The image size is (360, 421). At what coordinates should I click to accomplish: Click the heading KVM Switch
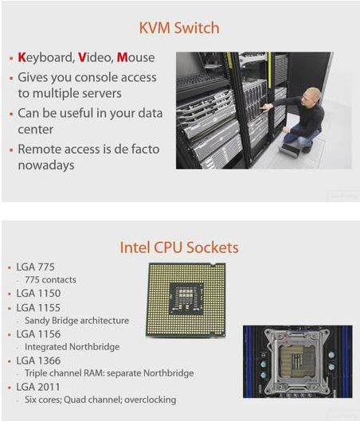coord(179,28)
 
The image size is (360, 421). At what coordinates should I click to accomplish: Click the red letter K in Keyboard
coord(22,57)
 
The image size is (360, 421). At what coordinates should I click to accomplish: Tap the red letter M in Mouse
coord(123,57)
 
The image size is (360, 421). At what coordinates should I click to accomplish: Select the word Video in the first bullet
coord(95,57)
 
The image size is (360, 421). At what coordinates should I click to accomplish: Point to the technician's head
coord(312,97)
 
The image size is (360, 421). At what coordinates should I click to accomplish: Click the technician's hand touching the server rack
coord(267,107)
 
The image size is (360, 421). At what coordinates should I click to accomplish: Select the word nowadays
coord(46,165)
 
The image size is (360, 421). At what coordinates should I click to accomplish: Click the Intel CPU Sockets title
coord(179,248)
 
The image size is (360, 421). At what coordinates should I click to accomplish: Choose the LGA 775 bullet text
coord(36,267)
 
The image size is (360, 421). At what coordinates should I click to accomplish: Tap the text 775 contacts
coord(50,280)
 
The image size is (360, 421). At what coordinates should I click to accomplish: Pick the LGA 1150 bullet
coord(38,293)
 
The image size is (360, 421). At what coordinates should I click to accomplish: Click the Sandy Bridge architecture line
coord(76,321)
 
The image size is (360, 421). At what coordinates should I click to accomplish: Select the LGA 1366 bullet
coord(38,361)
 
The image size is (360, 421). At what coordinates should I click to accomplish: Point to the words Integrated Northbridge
coord(72,347)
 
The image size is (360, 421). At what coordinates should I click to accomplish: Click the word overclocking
coord(151,400)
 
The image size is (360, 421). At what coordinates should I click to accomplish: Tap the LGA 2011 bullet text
coord(38,387)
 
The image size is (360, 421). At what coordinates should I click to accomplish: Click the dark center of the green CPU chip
coord(186,298)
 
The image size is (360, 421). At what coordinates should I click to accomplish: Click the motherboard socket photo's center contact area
coord(296,361)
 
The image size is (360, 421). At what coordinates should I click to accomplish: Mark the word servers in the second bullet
coord(102,93)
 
